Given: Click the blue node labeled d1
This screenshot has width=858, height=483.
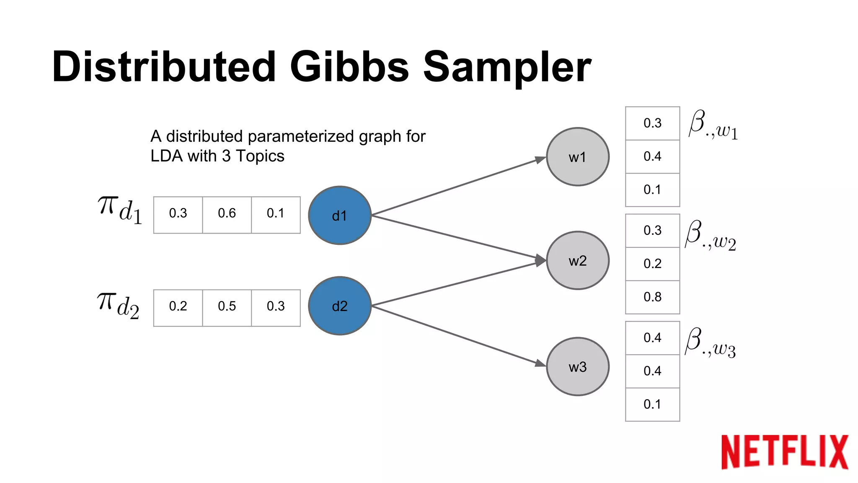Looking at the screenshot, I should click(339, 216).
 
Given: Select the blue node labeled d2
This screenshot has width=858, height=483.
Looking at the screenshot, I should click(339, 306).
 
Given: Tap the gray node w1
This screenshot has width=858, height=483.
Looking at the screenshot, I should click(577, 157).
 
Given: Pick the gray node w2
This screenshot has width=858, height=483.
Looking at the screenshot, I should click(577, 260).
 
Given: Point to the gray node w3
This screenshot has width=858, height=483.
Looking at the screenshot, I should click(577, 367).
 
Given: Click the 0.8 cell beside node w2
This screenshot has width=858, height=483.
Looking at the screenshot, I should click(652, 297).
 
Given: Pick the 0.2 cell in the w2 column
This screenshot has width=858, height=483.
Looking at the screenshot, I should click(652, 264).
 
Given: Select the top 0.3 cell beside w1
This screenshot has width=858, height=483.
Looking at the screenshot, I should click(652, 123).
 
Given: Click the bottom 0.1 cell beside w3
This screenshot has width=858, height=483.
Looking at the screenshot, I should click(652, 405).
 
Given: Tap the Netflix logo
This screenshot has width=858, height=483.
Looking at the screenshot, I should click(784, 452).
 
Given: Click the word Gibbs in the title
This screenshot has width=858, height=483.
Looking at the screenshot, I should click(349, 67).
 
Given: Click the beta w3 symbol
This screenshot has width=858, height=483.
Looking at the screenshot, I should click(711, 343).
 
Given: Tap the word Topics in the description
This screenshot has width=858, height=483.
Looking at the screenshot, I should click(260, 156).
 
